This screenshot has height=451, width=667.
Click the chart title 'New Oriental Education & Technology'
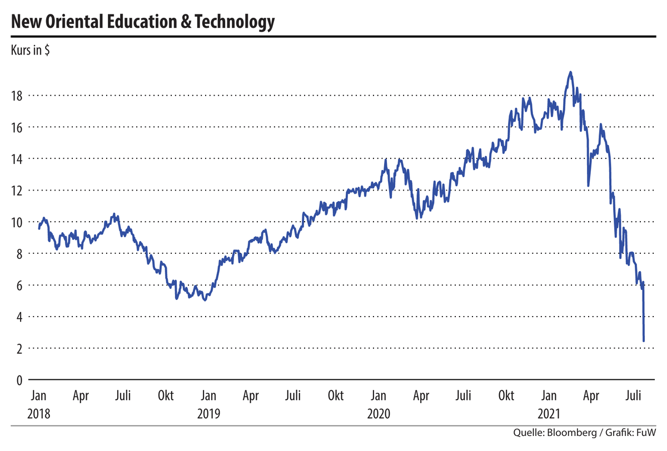point(142,22)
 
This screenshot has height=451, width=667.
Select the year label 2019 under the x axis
point(208,414)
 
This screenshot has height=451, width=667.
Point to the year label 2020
point(379,414)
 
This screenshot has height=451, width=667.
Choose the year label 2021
point(549,414)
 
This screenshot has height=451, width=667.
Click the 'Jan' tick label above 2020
point(379,396)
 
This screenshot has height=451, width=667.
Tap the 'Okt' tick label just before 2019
point(166,396)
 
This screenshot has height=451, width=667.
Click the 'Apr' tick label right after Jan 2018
point(81,396)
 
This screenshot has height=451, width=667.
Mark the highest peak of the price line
point(570,72)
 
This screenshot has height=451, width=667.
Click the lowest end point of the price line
point(644,340)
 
